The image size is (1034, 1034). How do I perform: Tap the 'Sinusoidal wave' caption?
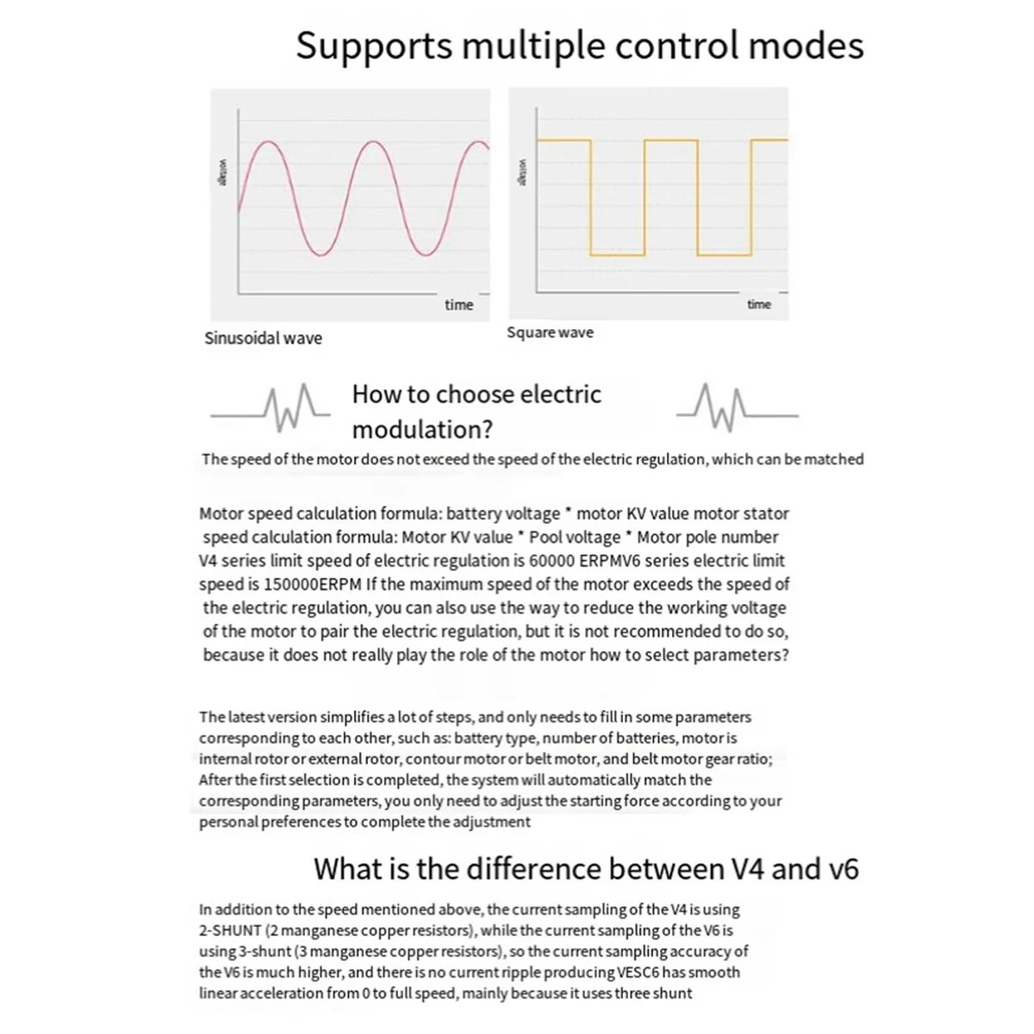pos(263,338)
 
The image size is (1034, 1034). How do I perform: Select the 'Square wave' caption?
pos(550,333)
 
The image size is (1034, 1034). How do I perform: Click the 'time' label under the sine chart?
pos(458,304)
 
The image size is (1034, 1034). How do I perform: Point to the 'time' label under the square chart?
pos(759,304)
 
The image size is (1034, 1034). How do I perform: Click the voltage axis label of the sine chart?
pos(221,173)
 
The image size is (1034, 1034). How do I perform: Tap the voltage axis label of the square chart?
pos(520,172)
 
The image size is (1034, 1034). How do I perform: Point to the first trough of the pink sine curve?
pos(320,254)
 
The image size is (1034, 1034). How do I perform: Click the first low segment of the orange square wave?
pos(617,255)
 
